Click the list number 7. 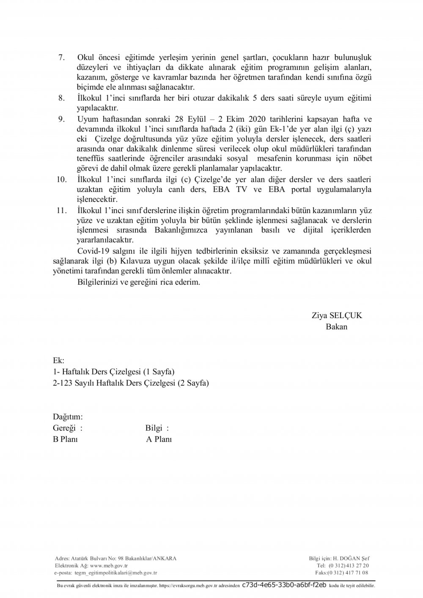click(60, 57)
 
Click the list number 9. click(61, 119)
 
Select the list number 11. click(61, 210)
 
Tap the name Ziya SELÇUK click(337, 315)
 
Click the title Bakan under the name click(336, 327)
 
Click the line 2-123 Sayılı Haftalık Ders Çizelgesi click(131, 383)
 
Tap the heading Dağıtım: click(68, 417)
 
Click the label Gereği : click(68, 428)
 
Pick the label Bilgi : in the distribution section click(157, 428)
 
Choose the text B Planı click(65, 439)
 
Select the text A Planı click(159, 439)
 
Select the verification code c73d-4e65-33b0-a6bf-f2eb click(284, 585)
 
